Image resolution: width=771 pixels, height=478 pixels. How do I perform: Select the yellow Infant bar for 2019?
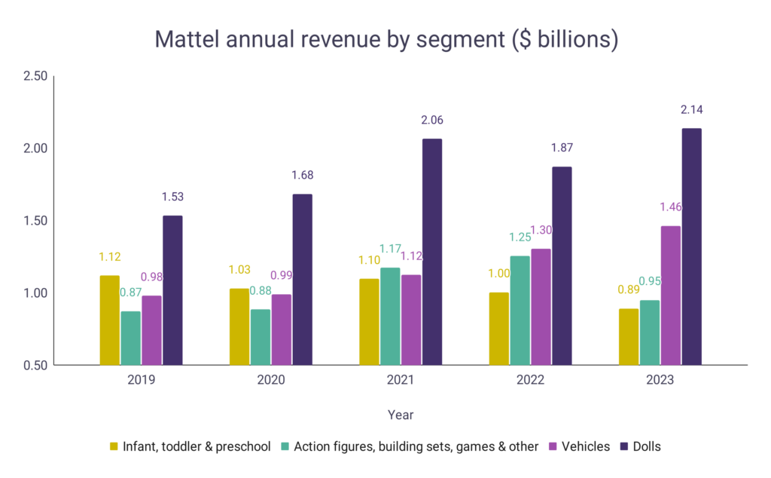pyautogui.click(x=109, y=320)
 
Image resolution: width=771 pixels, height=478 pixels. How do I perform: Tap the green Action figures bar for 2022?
pyautogui.click(x=520, y=311)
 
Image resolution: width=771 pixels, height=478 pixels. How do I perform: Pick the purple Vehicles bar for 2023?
pyautogui.click(x=670, y=296)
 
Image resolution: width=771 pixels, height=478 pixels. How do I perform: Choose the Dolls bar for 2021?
pyautogui.click(x=431, y=252)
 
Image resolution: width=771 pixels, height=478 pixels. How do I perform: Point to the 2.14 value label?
pyautogui.click(x=691, y=110)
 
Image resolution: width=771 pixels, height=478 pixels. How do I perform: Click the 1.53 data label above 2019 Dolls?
pyautogui.click(x=172, y=197)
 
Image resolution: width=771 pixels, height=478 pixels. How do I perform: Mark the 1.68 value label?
pyautogui.click(x=302, y=176)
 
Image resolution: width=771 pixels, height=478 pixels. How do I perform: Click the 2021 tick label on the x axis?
pyautogui.click(x=401, y=380)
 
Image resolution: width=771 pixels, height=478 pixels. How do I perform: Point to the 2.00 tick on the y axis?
pyautogui.click(x=35, y=149)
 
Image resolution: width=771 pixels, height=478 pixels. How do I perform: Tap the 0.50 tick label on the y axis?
pyautogui.click(x=35, y=366)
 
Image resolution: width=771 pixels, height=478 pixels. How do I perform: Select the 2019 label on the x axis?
pyautogui.click(x=141, y=380)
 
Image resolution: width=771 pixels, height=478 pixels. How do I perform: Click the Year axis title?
pyautogui.click(x=401, y=415)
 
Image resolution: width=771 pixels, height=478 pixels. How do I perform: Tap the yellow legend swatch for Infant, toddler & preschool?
pyautogui.click(x=114, y=446)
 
